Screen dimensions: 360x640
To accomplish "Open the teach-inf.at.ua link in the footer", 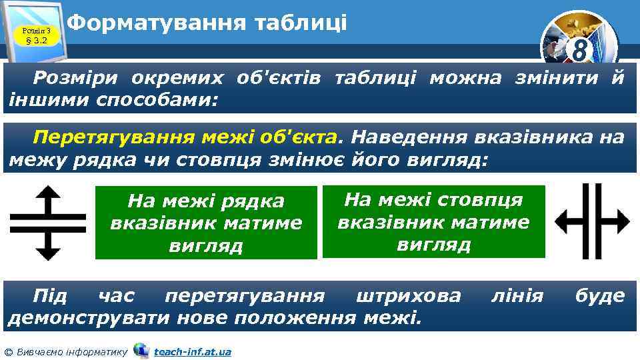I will (x=192, y=351).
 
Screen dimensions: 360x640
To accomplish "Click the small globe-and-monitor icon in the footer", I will (x=141, y=350).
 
